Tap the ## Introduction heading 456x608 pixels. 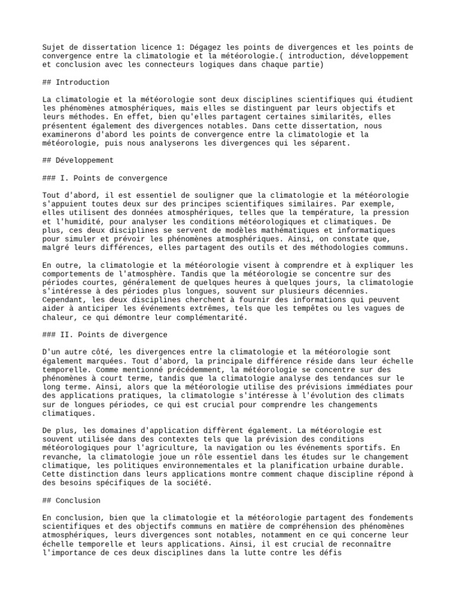point(76,82)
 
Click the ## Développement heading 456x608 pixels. point(78,160)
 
